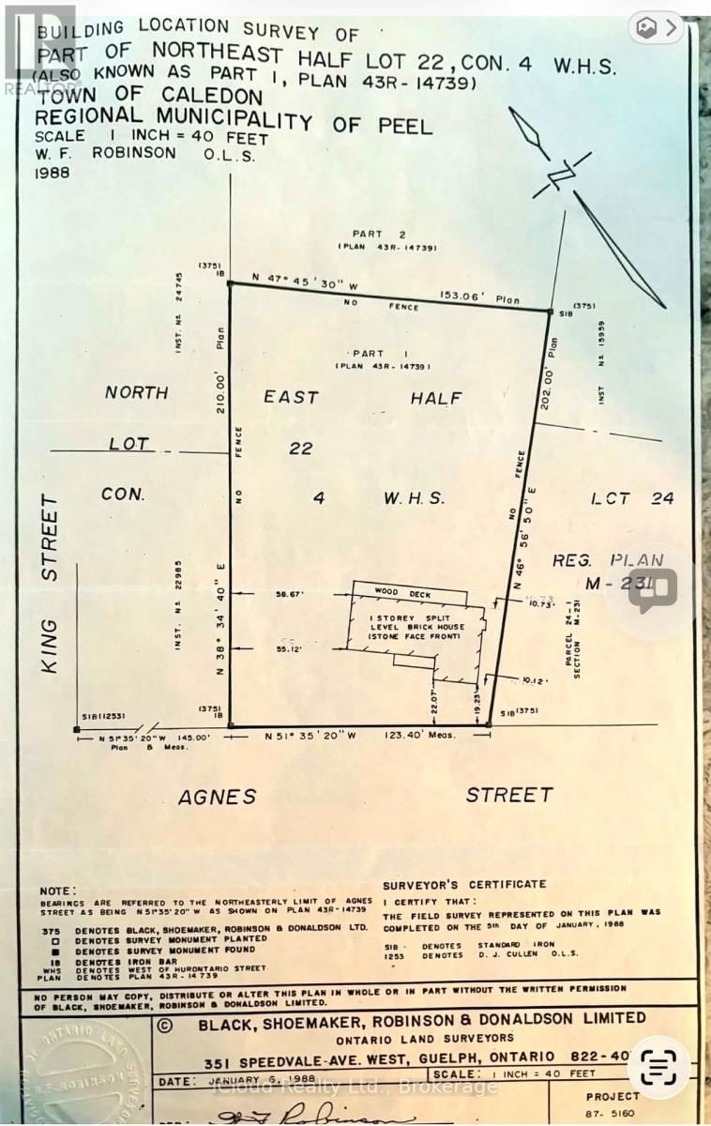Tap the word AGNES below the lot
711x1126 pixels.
pos(217,797)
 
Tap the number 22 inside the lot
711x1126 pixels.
pos(300,449)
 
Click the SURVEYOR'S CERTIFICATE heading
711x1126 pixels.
pos(464,884)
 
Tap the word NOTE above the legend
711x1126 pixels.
pos(59,890)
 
